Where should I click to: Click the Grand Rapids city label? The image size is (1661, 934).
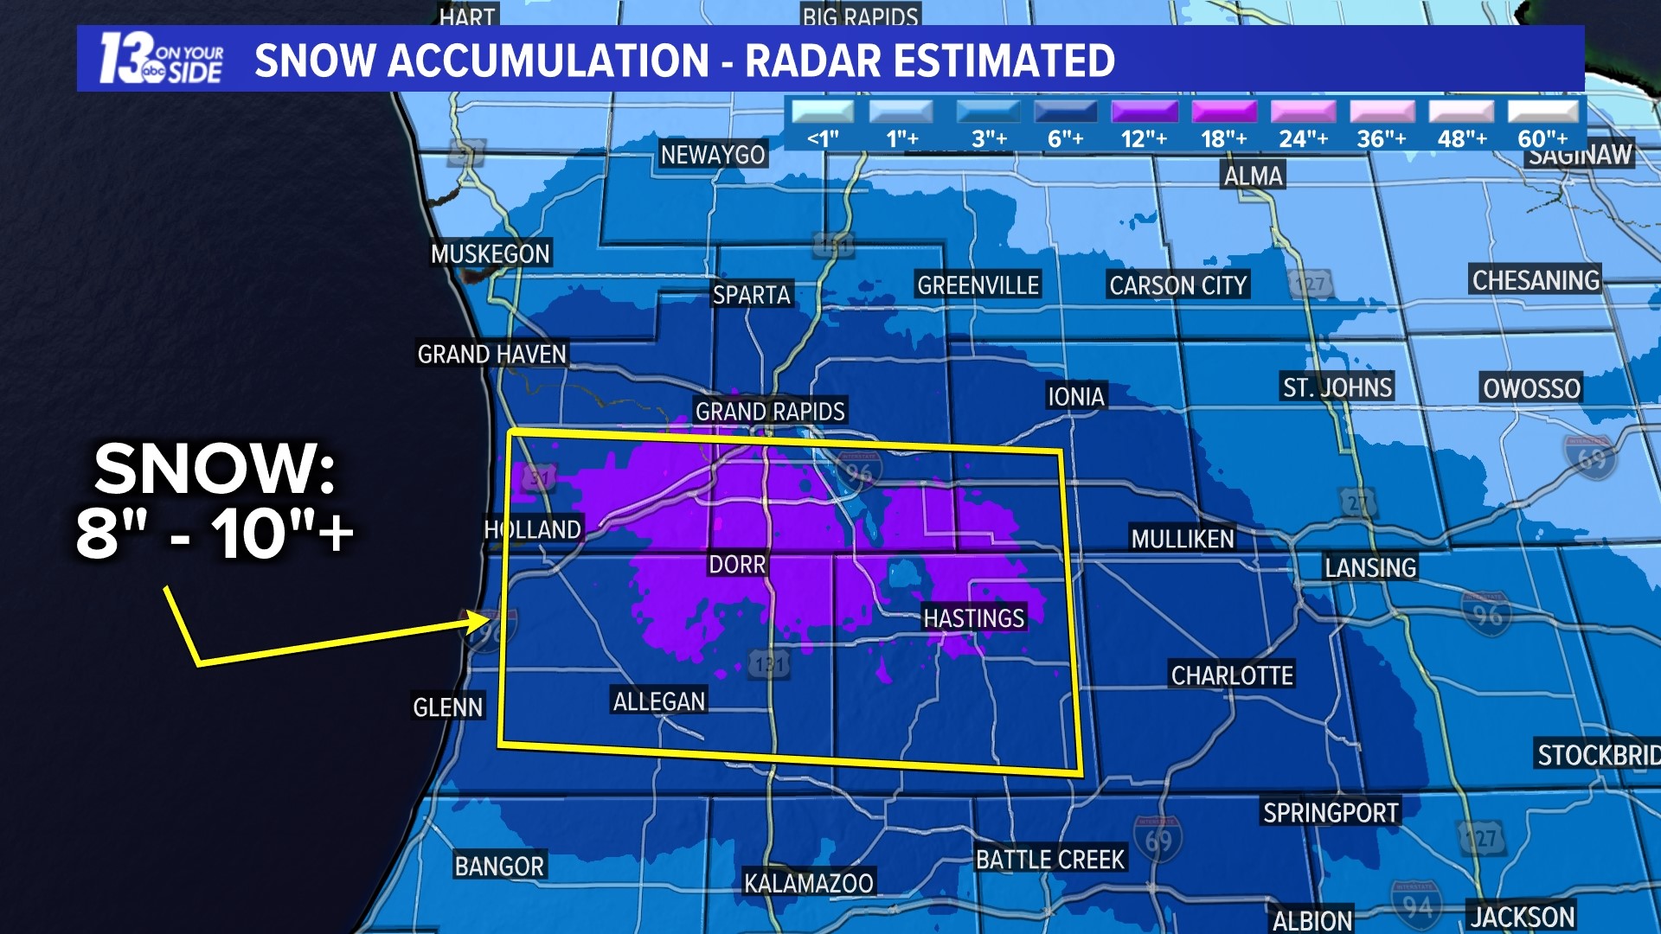pyautogui.click(x=770, y=411)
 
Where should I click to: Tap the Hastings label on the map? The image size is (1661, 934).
pyautogui.click(x=973, y=617)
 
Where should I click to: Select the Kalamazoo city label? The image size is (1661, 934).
pyautogui.click(x=809, y=883)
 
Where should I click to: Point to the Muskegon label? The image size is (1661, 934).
pyautogui.click(x=491, y=253)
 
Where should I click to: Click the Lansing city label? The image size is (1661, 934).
pyautogui.click(x=1370, y=567)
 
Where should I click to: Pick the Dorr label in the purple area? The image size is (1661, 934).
pyautogui.click(x=737, y=564)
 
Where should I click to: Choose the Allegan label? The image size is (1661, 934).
pyautogui.click(x=658, y=700)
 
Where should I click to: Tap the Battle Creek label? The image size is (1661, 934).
pyautogui.click(x=1049, y=859)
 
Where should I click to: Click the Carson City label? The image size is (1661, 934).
pyautogui.click(x=1177, y=285)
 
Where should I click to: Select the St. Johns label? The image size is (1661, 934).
pyautogui.click(x=1337, y=387)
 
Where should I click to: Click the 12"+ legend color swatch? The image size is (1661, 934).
pyautogui.click(x=1144, y=112)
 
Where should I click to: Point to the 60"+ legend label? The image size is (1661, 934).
pyautogui.click(x=1542, y=138)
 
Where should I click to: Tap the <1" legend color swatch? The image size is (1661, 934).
pyautogui.click(x=823, y=112)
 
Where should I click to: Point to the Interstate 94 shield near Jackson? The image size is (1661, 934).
pyautogui.click(x=1417, y=905)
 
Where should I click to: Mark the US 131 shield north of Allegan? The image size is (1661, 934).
pyautogui.click(x=768, y=664)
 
